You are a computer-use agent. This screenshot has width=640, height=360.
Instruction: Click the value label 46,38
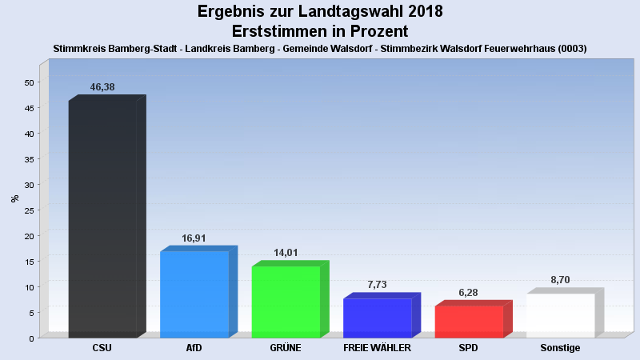pos(103,86)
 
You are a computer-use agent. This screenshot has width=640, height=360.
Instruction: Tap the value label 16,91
pos(194,238)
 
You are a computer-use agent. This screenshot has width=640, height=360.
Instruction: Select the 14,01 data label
pos(286,253)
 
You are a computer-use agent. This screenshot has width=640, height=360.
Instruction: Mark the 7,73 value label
pos(378,285)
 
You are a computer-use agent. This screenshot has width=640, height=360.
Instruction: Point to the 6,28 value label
pos(470,292)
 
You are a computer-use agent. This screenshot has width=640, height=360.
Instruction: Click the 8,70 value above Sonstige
pos(561,280)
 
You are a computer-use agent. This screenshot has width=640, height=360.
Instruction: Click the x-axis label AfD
pos(194,349)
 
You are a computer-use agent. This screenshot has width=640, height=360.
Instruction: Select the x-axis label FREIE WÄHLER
pos(377,349)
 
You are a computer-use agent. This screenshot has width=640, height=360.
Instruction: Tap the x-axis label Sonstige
pos(560,349)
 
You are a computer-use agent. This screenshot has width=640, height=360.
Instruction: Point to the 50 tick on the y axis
pos(29,82)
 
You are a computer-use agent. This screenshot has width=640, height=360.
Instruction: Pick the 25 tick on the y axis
pos(29,210)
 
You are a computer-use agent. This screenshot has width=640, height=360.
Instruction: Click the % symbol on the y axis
pos(14,198)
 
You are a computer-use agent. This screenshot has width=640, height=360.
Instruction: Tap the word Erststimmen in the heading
pos(281,31)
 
